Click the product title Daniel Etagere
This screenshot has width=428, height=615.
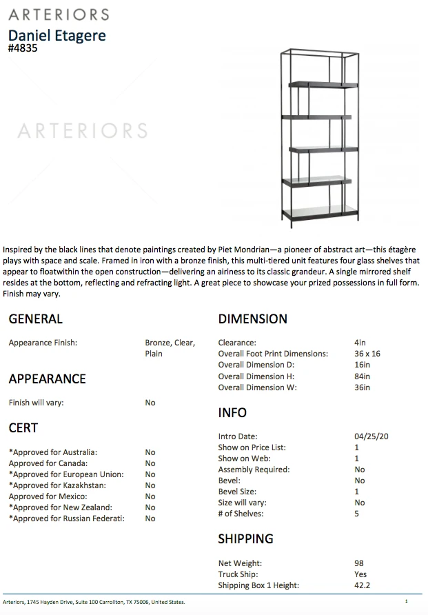coord(57,35)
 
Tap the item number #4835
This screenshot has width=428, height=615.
coord(23,49)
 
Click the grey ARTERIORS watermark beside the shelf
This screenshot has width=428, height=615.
coord(82,130)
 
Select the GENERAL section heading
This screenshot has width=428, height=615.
coord(35,319)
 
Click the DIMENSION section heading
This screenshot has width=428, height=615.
coord(252,319)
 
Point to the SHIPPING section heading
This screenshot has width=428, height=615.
coord(245,538)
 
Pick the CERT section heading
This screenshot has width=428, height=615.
coord(23,428)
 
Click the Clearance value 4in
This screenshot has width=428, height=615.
coord(359,343)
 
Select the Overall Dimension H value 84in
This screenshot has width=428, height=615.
coord(362,376)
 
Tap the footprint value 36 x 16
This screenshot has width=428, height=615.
coord(367,354)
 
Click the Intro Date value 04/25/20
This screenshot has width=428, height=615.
coord(371,436)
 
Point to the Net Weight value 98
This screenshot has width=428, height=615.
coord(359,563)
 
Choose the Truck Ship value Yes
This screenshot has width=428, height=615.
coord(360,574)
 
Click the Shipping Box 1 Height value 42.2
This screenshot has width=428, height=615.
coord(363,585)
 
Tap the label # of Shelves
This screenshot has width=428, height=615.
coord(241,514)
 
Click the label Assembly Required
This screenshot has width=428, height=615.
coord(254,470)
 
